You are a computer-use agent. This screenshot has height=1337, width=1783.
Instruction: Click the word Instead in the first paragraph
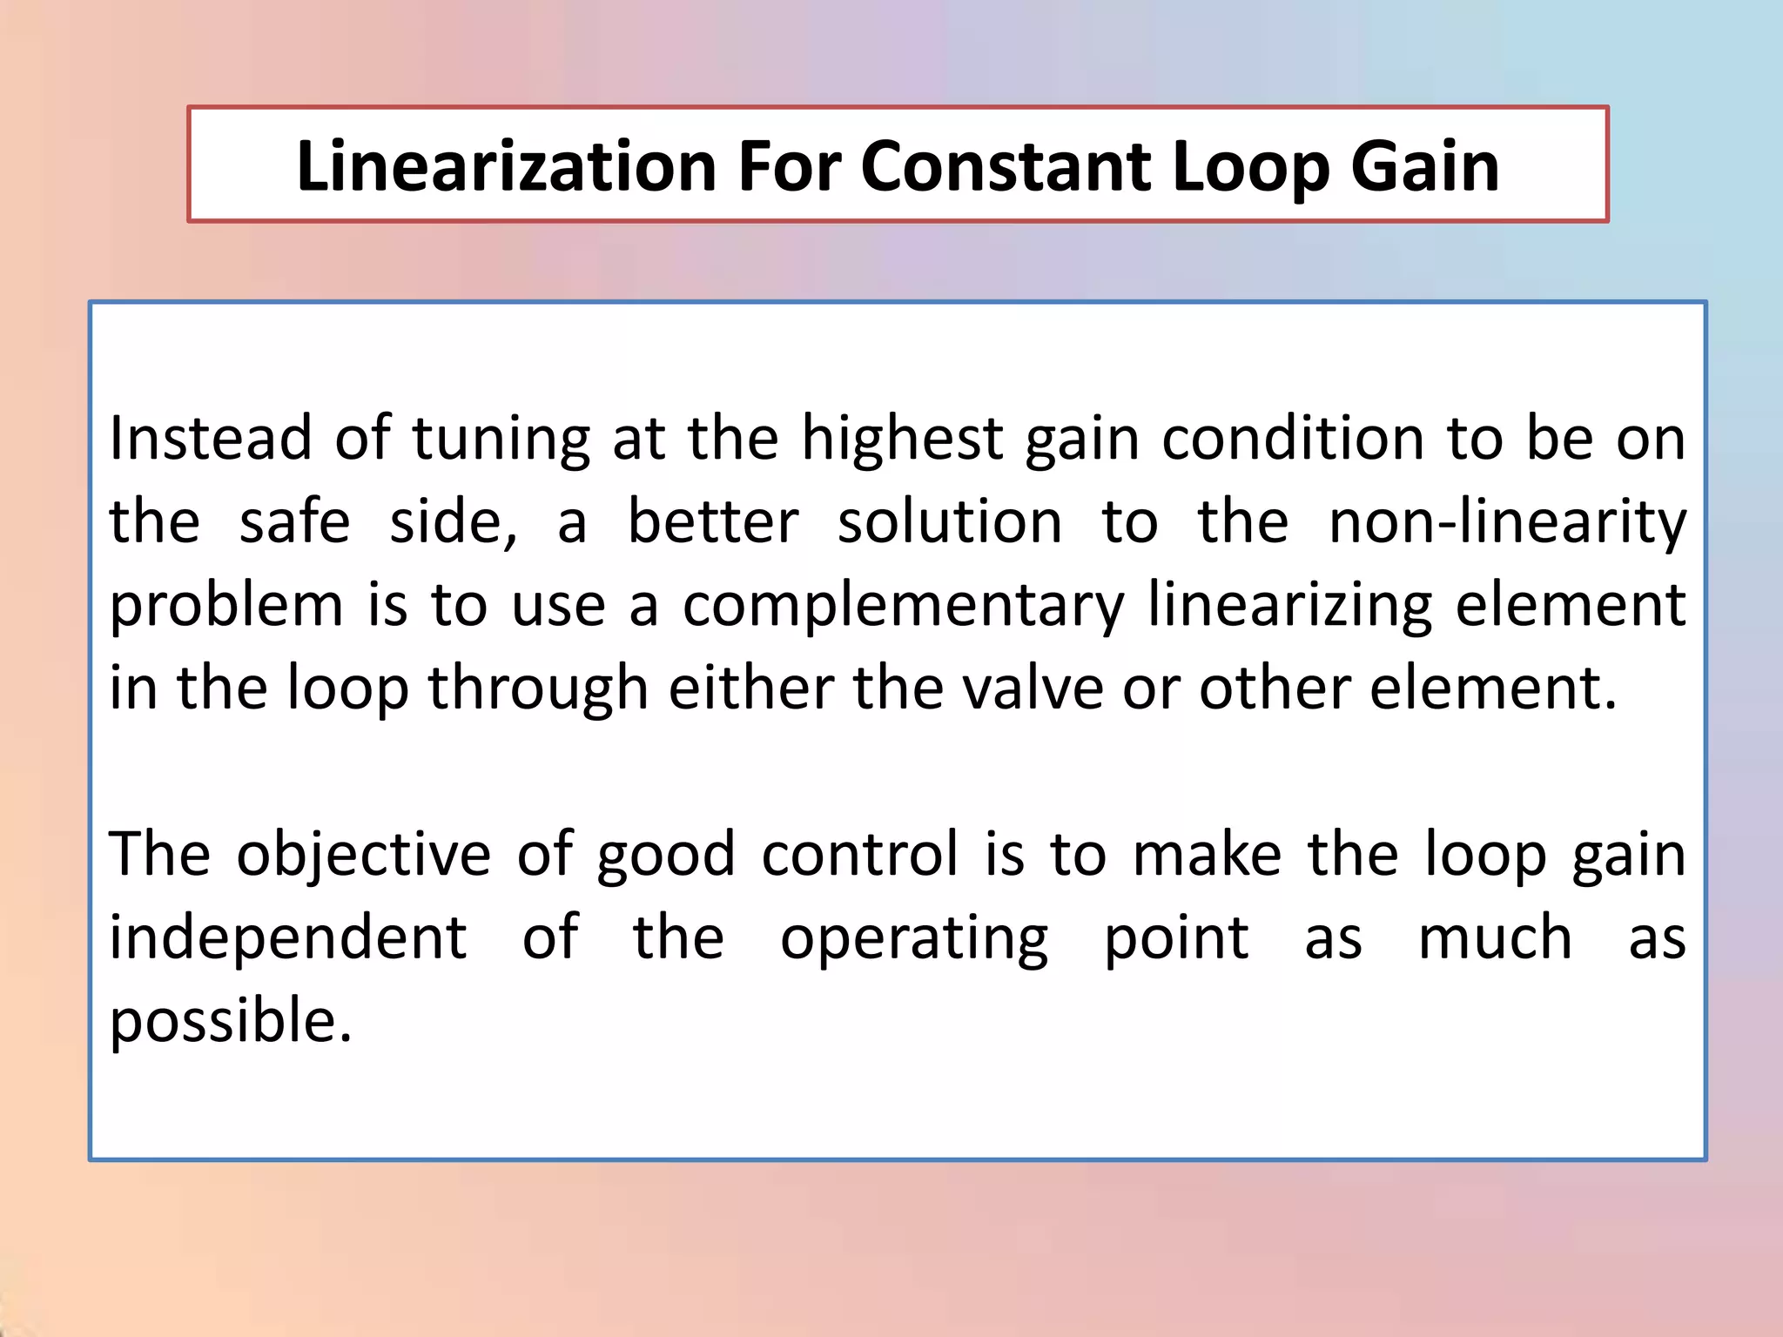point(210,438)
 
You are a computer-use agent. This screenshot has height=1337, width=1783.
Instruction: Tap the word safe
point(294,521)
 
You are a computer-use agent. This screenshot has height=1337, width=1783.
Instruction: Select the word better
point(712,521)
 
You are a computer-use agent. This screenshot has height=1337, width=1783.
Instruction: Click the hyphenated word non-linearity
point(1507,522)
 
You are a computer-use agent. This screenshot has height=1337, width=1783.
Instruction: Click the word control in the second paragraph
point(859,854)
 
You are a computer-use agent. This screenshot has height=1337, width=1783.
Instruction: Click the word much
point(1495,937)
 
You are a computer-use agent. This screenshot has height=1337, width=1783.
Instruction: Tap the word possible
point(231,1021)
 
